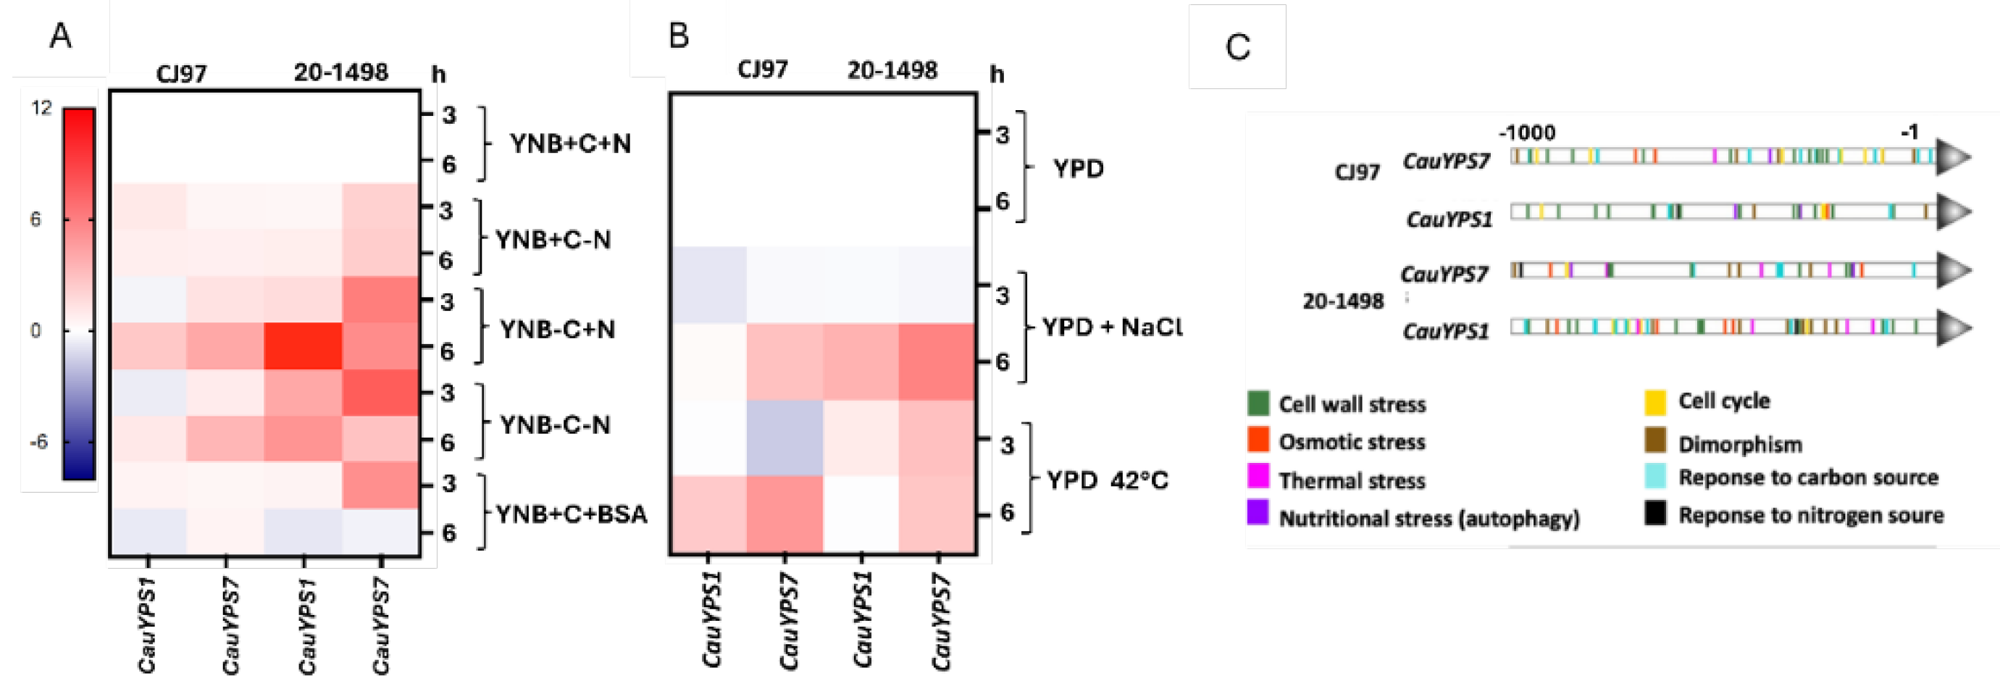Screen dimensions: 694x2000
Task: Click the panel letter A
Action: (x=60, y=35)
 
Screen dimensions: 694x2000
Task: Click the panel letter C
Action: (x=1237, y=47)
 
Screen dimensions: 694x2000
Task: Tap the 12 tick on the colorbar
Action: (x=41, y=108)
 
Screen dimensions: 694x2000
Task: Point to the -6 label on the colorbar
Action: (x=38, y=442)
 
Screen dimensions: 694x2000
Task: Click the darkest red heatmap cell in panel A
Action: (x=303, y=346)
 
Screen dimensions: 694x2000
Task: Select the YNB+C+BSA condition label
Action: (x=571, y=514)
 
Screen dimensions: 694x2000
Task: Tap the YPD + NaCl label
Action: (x=1111, y=327)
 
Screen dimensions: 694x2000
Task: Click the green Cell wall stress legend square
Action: (x=1258, y=403)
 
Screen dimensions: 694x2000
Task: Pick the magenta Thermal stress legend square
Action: (x=1258, y=476)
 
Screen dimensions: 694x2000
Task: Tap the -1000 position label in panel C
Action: (x=1526, y=133)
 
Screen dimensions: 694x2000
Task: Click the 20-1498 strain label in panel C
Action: (x=1342, y=301)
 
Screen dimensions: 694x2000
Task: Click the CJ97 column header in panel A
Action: (x=181, y=74)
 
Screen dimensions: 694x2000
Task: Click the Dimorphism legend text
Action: (x=1739, y=445)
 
